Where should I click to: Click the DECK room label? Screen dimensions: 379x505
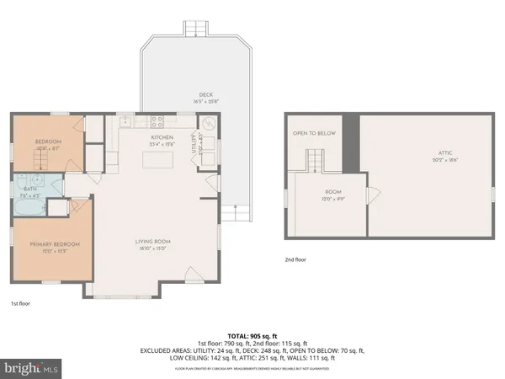[x=205, y=94]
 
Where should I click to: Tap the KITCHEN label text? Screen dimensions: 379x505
[x=162, y=136]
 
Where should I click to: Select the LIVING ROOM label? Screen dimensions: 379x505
[x=153, y=243]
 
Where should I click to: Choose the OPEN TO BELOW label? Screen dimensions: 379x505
[x=314, y=133]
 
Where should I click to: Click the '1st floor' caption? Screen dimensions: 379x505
[x=19, y=303]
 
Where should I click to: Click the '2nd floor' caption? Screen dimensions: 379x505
[x=296, y=259]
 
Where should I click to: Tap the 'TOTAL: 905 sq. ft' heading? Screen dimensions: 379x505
[x=253, y=335]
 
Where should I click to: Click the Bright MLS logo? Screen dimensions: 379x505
[x=30, y=368]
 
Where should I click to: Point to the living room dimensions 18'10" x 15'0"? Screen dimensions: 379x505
[x=153, y=250]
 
